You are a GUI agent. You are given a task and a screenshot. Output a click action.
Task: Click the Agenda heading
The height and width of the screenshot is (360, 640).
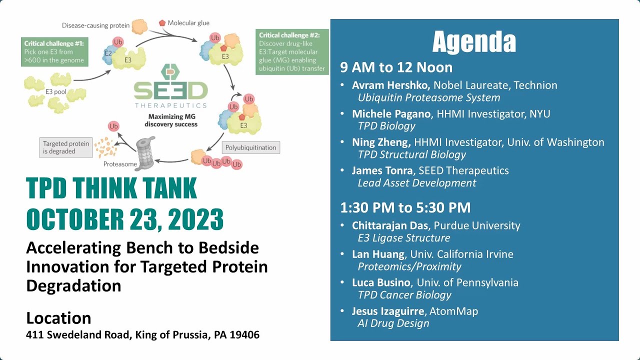(474, 42)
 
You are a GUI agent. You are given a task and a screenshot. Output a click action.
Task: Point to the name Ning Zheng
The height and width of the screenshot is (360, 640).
(381, 142)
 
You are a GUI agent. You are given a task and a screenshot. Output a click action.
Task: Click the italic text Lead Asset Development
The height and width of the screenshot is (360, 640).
(416, 183)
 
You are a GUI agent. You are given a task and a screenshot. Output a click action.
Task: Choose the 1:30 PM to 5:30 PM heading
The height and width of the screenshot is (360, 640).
(405, 207)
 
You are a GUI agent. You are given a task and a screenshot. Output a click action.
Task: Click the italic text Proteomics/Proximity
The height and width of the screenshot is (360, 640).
(409, 266)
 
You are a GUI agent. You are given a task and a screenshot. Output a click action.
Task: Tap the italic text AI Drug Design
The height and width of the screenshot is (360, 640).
(393, 323)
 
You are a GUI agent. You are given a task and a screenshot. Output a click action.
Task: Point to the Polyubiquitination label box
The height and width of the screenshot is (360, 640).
(250, 147)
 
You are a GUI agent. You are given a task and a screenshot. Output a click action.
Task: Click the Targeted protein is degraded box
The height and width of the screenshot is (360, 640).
(65, 147)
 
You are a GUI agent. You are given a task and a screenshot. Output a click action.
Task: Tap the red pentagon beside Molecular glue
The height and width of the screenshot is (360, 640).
(162, 23)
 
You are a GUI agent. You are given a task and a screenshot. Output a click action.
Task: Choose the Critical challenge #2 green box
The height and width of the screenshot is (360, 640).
(292, 52)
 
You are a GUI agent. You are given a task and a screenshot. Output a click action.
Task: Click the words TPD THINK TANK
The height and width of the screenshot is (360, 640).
(111, 188)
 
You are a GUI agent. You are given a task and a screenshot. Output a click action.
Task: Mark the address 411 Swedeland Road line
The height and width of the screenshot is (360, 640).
(142, 335)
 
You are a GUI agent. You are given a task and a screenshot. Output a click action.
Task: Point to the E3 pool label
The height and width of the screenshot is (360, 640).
(56, 91)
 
